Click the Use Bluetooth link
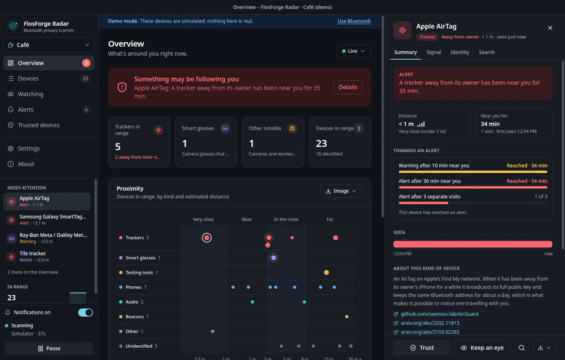[x=354, y=21]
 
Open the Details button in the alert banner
[x=348, y=87]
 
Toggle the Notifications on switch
[x=85, y=313]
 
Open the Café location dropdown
[x=49, y=45]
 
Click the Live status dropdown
[x=354, y=51]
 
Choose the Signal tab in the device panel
[x=434, y=52]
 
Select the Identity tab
[x=460, y=52]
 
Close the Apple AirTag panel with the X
[x=550, y=28]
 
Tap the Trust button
[x=422, y=348]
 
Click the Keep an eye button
[x=482, y=348]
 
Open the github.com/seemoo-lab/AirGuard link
[x=439, y=314]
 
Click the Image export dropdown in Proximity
[x=341, y=191]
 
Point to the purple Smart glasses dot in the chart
[x=273, y=258]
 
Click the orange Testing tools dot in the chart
[x=326, y=272]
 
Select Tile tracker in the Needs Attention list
[x=47, y=256]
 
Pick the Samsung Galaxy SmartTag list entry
[x=47, y=220]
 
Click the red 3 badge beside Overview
[x=86, y=63]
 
